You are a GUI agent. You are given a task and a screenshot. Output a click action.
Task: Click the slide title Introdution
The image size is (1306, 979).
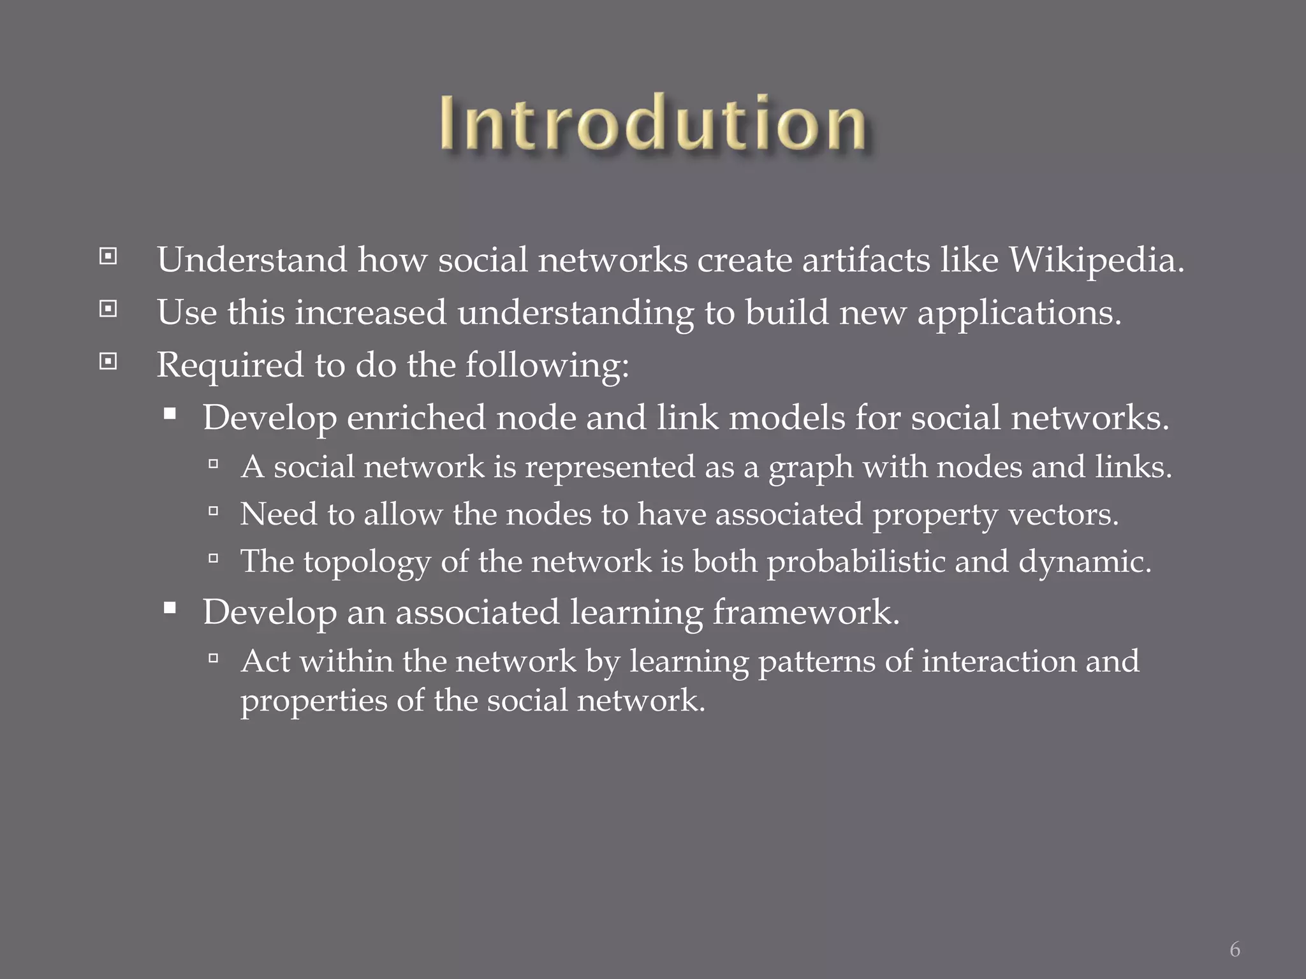click(652, 123)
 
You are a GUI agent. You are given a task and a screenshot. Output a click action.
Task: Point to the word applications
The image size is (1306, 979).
click(1018, 313)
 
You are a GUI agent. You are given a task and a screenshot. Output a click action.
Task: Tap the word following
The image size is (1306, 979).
click(547, 366)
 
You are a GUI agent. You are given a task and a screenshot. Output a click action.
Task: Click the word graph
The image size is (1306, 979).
click(811, 468)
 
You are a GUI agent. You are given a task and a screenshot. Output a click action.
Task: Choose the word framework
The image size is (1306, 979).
click(805, 613)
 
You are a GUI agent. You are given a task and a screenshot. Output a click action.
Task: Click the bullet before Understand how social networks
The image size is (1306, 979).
click(108, 257)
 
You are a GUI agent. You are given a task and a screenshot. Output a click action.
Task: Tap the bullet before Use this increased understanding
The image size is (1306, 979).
click(108, 310)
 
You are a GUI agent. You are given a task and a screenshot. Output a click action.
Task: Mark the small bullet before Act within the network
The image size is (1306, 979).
click(214, 658)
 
